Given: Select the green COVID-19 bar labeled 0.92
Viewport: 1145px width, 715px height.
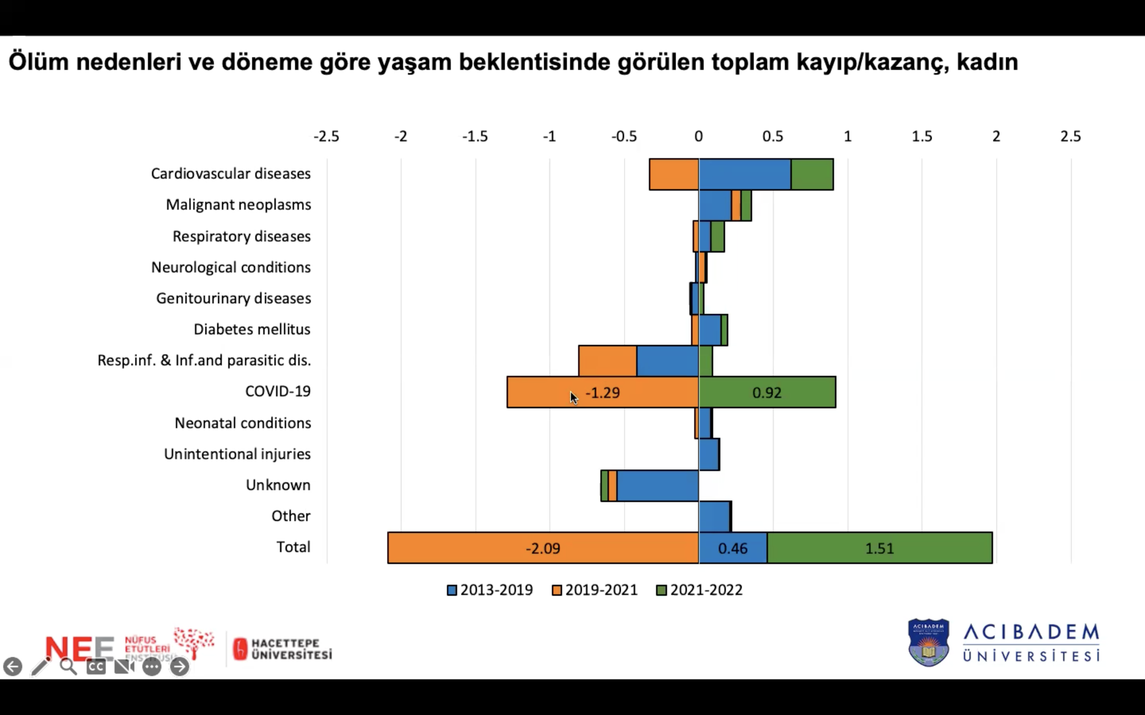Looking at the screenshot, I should coord(767,392).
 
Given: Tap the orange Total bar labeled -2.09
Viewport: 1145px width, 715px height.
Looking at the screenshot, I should coord(543,548).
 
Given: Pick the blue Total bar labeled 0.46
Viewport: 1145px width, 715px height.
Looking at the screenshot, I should coord(732,548).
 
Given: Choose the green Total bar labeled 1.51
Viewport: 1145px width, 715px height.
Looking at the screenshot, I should coord(879,548).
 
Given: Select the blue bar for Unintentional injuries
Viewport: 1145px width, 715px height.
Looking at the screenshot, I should coord(709,454).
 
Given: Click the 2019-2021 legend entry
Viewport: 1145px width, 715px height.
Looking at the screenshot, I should coord(595,590).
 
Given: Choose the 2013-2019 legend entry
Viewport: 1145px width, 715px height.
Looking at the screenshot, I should coord(490,590).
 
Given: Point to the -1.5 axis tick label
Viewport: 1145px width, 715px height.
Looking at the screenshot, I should coord(475,137).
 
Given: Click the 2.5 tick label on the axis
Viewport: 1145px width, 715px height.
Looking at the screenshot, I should coord(1070,137).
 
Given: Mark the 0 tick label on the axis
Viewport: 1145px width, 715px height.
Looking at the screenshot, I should coord(699,137).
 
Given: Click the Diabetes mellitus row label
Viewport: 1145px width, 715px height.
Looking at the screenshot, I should coord(252,329).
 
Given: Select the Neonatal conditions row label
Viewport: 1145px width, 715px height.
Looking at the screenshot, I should coord(243,423).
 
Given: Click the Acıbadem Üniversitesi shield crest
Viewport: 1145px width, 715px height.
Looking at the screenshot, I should coord(928,642).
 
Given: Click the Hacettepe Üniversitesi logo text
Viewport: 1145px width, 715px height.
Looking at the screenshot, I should coord(291,649).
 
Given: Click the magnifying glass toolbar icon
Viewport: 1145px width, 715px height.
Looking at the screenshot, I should coord(68,666).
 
